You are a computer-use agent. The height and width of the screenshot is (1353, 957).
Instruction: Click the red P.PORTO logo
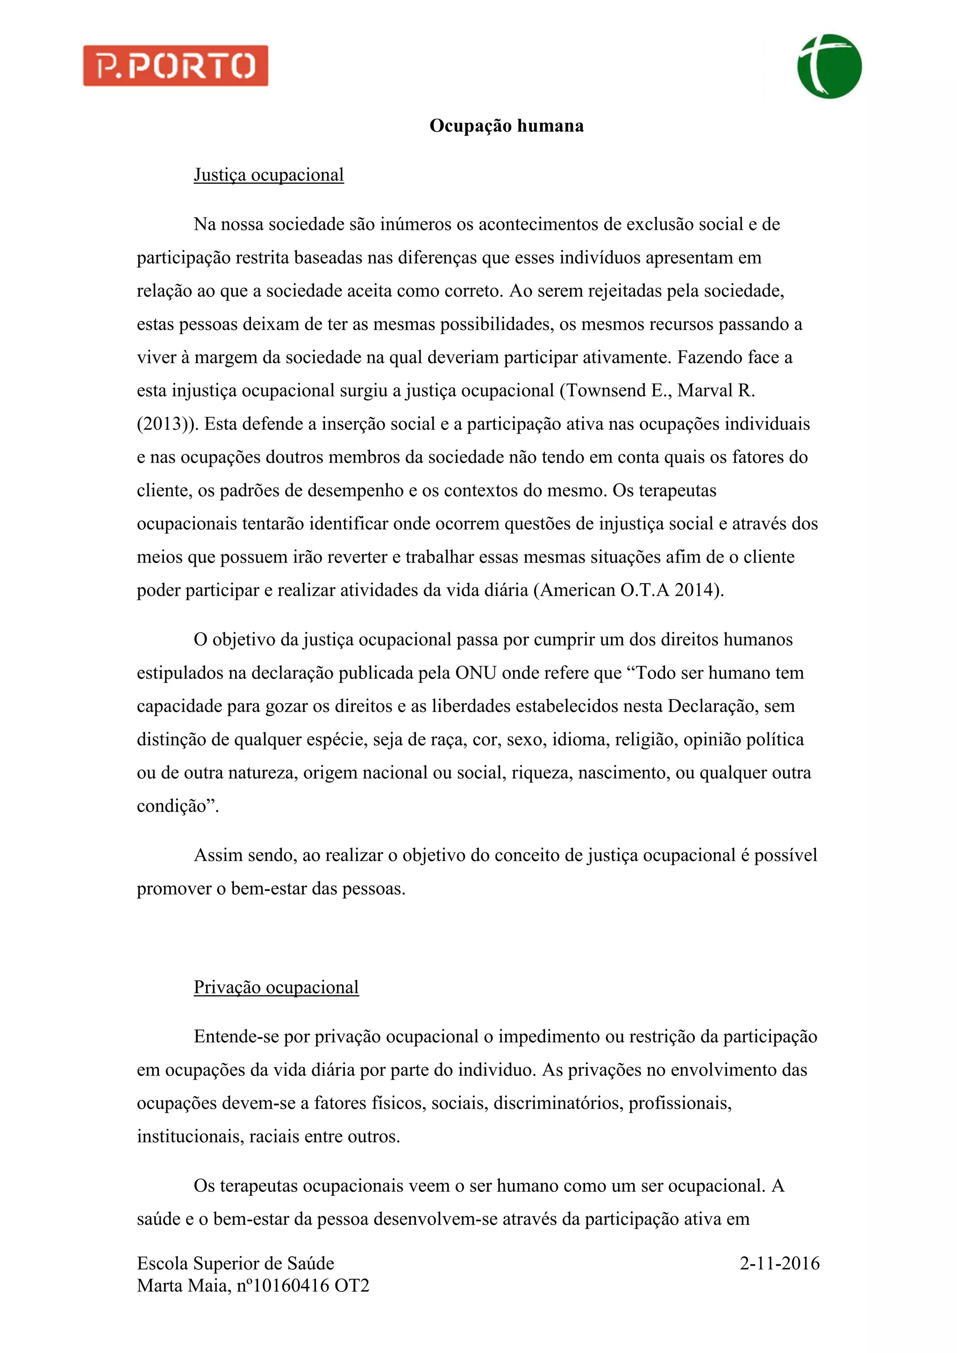[x=176, y=66]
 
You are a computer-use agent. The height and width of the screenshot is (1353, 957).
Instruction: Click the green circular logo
[x=829, y=66]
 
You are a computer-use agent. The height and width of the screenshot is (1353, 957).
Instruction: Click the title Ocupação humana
[x=506, y=126]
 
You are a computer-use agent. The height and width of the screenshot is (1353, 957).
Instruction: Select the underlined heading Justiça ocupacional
[x=269, y=175]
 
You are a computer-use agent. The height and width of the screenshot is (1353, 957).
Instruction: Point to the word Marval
[x=705, y=391]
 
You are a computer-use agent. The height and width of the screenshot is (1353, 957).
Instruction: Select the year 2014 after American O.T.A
[x=695, y=591]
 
